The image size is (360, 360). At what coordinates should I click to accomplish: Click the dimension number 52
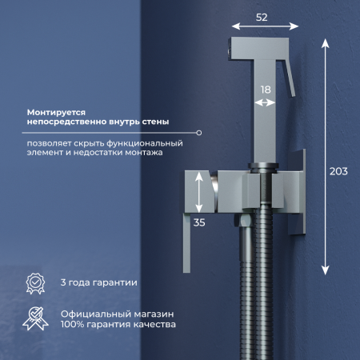click(x=261, y=15)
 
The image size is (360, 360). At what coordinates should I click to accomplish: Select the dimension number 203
click(x=339, y=170)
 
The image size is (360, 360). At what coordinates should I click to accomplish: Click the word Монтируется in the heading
click(x=58, y=113)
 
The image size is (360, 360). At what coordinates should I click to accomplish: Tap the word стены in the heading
click(x=152, y=123)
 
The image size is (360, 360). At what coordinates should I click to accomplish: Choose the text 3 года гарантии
click(x=99, y=282)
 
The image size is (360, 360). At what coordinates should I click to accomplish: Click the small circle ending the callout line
click(x=199, y=132)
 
